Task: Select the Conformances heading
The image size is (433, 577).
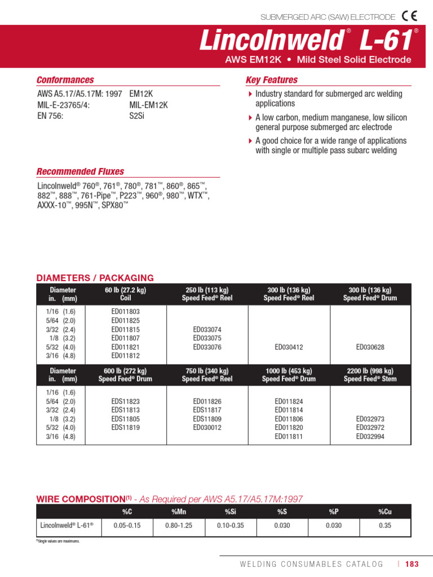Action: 65,80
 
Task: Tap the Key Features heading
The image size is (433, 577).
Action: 272,80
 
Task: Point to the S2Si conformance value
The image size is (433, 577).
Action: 137,116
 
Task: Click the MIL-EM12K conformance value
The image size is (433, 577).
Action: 149,105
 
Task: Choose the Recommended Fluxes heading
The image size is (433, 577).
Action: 80,171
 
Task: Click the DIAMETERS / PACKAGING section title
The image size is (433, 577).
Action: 95,278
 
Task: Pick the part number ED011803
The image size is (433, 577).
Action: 125,311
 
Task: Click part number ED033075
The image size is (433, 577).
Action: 207,338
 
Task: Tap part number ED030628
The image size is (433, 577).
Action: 370,347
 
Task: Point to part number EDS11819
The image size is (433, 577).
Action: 125,428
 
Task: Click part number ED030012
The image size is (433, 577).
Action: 207,428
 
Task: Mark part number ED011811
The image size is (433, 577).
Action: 289,437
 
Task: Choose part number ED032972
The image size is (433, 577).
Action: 370,428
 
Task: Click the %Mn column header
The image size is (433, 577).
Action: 178,511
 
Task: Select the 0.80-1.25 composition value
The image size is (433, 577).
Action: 178,525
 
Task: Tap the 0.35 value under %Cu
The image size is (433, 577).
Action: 385,525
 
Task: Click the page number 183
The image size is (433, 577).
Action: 412,563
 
